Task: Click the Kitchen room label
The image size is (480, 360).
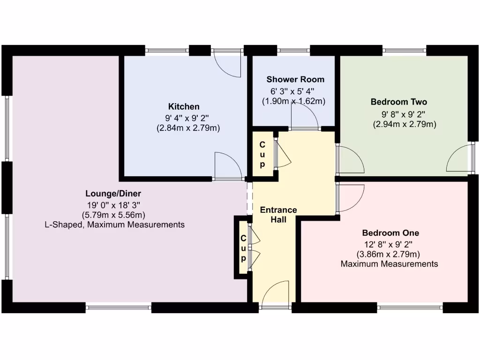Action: [184, 106]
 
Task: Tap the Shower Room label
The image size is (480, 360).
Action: [295, 79]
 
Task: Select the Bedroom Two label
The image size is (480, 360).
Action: [399, 102]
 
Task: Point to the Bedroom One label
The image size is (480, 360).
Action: [390, 233]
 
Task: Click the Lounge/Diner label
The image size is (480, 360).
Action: [113, 194]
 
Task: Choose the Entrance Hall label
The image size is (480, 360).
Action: [279, 214]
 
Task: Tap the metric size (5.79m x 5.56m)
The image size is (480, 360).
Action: [113, 215]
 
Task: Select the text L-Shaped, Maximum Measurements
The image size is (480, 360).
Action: [113, 225]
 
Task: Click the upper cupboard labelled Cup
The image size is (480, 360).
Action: [262, 154]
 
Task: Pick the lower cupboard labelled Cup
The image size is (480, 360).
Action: [243, 248]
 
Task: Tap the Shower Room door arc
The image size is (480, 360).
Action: [304, 115]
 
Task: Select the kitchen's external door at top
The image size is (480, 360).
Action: [227, 64]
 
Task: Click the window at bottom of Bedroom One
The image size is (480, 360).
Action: [410, 307]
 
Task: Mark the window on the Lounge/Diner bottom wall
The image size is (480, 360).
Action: [119, 307]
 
